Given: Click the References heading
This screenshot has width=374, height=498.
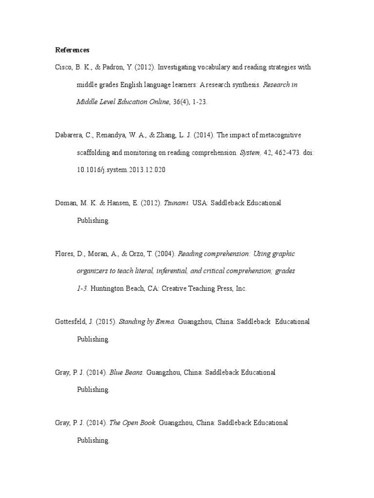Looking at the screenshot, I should pos(72,50).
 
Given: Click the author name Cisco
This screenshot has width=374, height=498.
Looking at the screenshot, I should pos(63,67).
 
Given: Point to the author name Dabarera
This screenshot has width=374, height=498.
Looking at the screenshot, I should pos(69,135).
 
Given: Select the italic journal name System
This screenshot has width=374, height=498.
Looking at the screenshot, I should pos(250,153).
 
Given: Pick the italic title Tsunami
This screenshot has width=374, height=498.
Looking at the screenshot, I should pos(176,203).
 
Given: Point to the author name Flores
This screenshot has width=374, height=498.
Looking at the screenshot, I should pos(65,253).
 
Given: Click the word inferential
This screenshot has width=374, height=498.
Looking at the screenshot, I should pos(189,271).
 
